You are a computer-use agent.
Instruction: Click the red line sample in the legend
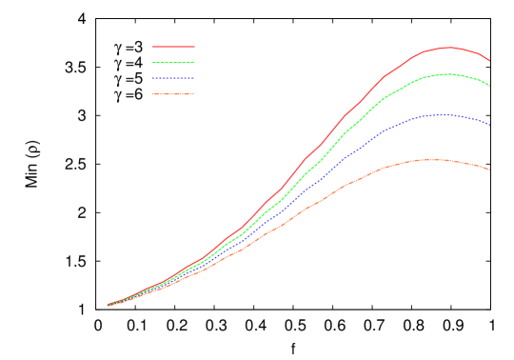click(173, 46)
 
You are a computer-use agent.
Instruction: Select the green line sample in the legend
click(173, 62)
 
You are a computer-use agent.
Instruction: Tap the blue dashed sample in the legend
click(173, 78)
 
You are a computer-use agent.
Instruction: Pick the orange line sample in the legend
click(173, 94)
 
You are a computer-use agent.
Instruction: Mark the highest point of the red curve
click(448, 47)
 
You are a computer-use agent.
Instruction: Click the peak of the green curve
click(446, 73)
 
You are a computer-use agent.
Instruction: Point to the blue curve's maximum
click(440, 114)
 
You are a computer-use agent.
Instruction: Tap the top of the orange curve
click(428, 160)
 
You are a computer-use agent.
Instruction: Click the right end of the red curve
click(490, 61)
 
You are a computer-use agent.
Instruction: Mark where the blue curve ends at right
click(490, 125)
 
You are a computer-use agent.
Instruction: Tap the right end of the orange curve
click(490, 170)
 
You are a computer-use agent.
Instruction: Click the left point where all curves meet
click(108, 305)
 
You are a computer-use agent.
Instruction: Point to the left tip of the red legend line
click(152, 46)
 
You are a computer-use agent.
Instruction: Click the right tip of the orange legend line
click(194, 94)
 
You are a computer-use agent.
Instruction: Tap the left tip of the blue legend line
click(152, 78)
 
